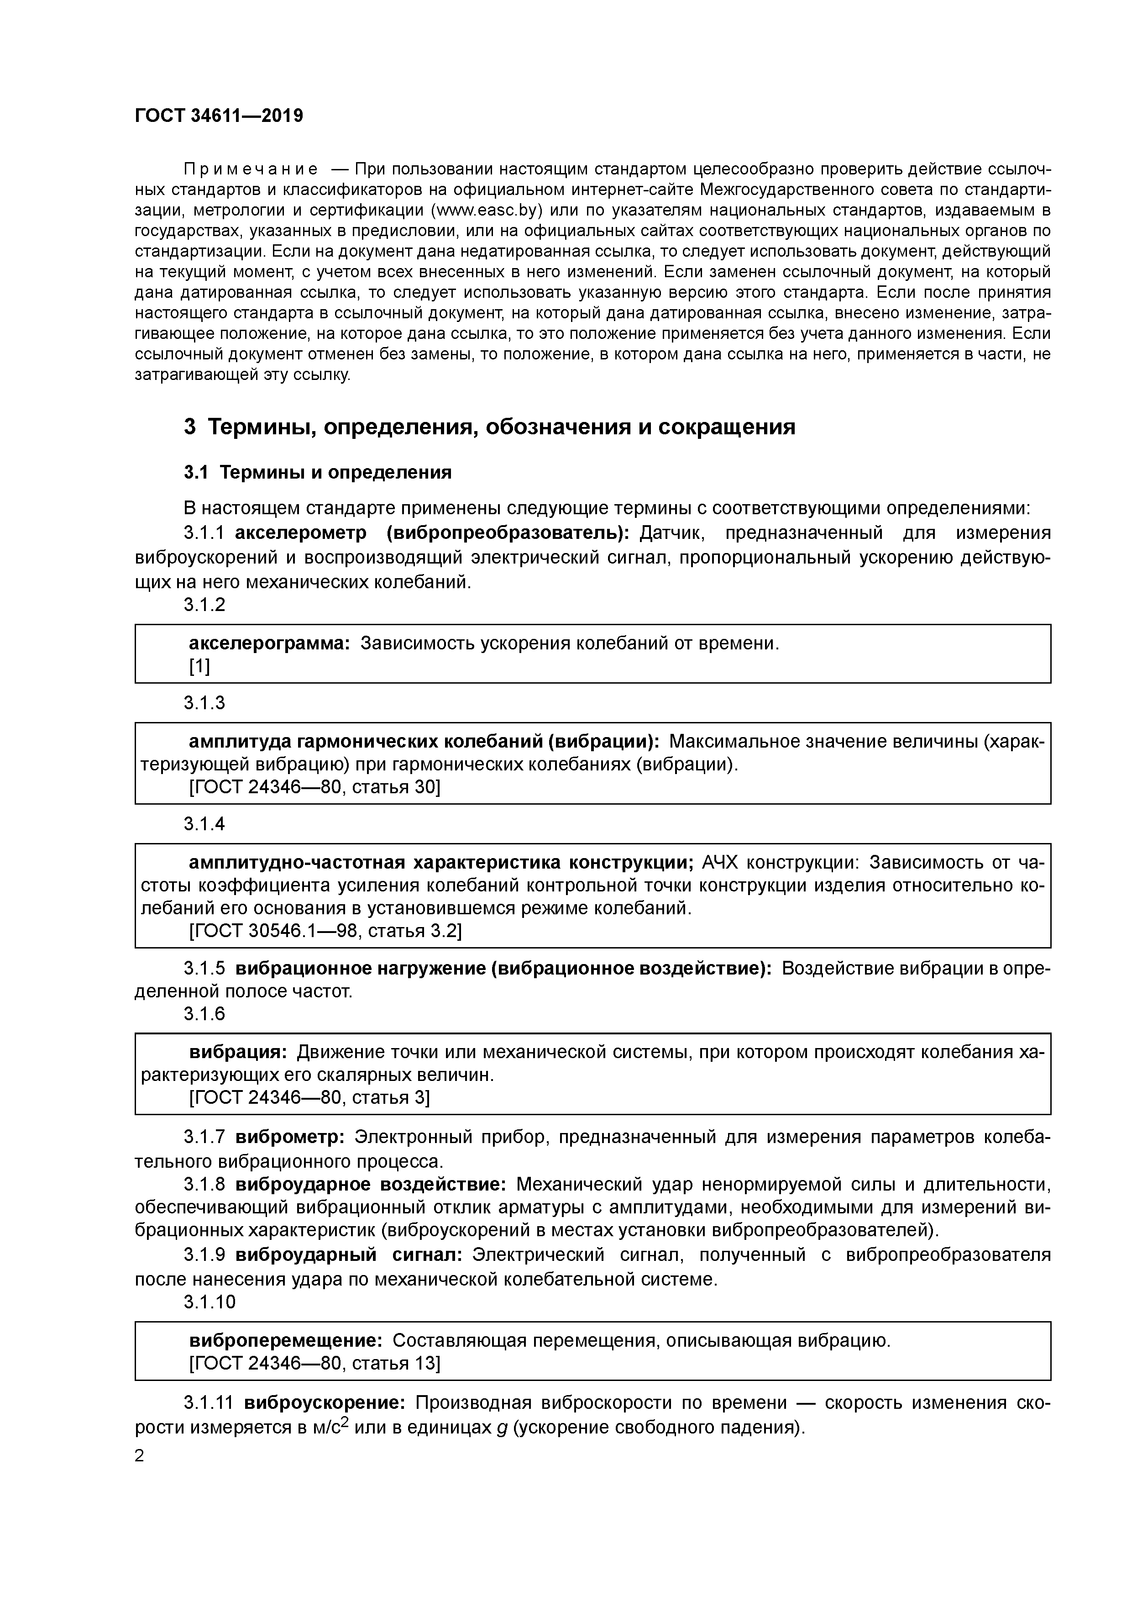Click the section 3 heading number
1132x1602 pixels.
click(190, 427)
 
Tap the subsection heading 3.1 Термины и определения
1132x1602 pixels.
click(317, 472)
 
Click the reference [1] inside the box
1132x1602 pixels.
click(199, 666)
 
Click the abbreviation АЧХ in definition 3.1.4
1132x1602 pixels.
click(720, 863)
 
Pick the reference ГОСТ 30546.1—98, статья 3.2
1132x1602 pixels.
click(325, 931)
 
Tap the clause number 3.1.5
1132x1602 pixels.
click(204, 969)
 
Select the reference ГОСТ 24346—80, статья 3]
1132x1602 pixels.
click(309, 1097)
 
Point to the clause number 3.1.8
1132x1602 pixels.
click(204, 1185)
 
